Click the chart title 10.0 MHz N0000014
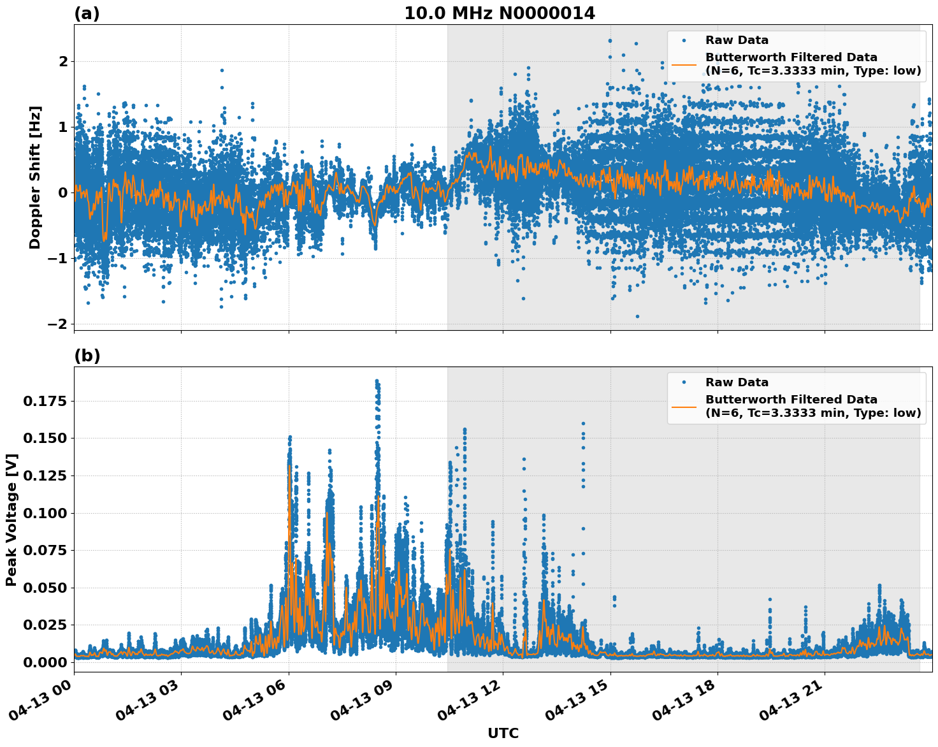(499, 13)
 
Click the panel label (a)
(87, 13)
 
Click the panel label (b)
(87, 356)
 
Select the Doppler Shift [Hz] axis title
(35, 177)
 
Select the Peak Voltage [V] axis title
(11, 519)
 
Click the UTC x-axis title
(503, 733)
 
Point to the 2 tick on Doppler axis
(63, 62)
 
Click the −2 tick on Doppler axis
(57, 324)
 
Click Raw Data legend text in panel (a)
(737, 40)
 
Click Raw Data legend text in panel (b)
(737, 382)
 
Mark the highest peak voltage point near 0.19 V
(377, 381)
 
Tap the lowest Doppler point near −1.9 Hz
(637, 316)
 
